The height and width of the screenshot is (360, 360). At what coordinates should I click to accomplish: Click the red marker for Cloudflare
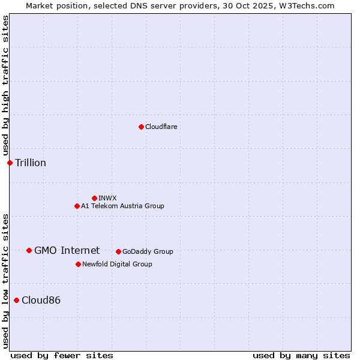point(141,127)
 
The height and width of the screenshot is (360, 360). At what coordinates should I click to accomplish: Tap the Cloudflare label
point(161,127)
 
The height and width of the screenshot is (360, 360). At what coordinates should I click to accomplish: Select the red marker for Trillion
point(10,163)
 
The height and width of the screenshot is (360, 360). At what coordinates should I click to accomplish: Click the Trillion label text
point(31,163)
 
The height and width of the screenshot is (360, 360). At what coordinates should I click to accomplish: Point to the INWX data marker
point(94,198)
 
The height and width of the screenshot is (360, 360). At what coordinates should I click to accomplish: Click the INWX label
point(108,199)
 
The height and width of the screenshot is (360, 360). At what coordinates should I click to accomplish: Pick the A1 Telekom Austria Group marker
point(77,206)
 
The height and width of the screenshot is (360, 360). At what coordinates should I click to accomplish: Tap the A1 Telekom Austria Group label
point(122,206)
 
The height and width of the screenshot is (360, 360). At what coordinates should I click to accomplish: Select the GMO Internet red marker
point(29,250)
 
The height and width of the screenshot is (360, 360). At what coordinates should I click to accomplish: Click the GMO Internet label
point(67,251)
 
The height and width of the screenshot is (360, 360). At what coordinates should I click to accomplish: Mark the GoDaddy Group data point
point(118,251)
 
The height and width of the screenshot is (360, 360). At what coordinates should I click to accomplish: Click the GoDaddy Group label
point(148,252)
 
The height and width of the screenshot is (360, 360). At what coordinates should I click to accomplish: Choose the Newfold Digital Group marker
point(78,264)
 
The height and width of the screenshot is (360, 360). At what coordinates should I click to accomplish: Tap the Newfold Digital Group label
point(117,265)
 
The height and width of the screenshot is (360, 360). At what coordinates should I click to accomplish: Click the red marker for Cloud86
point(16,300)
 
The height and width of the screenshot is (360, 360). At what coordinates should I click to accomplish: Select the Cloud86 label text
point(41,301)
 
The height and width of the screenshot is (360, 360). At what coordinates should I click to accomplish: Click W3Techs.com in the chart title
point(305,5)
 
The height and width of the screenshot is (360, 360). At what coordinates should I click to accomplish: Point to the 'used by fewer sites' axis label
point(62,355)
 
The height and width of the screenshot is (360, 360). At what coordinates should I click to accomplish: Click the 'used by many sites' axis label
point(301,355)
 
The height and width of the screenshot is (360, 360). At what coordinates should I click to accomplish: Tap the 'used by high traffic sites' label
point(5,86)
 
